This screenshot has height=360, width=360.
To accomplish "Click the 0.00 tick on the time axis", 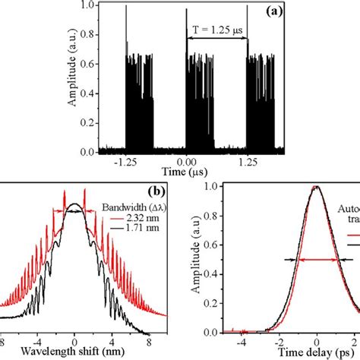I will click(187, 163).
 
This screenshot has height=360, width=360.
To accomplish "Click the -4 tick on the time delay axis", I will click(242, 343).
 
